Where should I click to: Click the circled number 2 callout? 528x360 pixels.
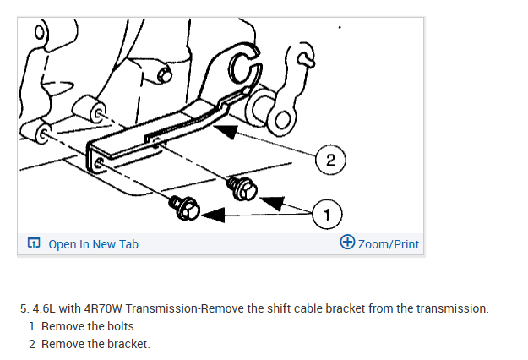click(329, 159)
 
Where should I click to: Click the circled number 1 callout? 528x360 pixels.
click(325, 212)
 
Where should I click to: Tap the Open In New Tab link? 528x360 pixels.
click(93, 244)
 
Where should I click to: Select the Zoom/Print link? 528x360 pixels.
click(389, 244)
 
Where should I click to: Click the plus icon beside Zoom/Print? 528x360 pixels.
click(346, 243)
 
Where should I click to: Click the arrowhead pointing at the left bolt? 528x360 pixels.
click(212, 216)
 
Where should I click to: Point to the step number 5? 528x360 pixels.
click(23, 308)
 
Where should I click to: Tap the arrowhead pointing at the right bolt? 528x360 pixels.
click(271, 201)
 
